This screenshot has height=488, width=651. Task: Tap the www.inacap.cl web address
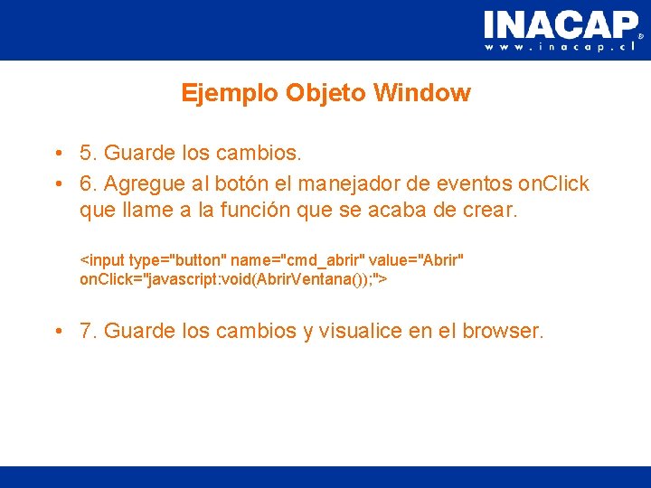[x=561, y=47]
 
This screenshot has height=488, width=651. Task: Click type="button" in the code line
[x=177, y=260]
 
